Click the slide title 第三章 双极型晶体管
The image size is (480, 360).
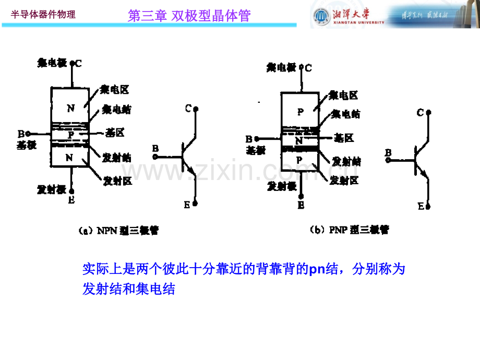[189, 16]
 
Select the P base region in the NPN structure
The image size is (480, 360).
[70, 135]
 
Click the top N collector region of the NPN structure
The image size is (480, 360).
[70, 109]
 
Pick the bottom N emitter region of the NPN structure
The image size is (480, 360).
[70, 158]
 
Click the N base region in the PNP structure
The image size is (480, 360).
[299, 139]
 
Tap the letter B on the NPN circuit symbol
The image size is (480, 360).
[155, 149]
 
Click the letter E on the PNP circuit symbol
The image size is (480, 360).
[421, 207]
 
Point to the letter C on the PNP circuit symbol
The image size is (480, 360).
[420, 112]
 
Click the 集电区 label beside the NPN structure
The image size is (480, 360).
[115, 90]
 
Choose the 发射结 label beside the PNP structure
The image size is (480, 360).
[346, 161]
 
